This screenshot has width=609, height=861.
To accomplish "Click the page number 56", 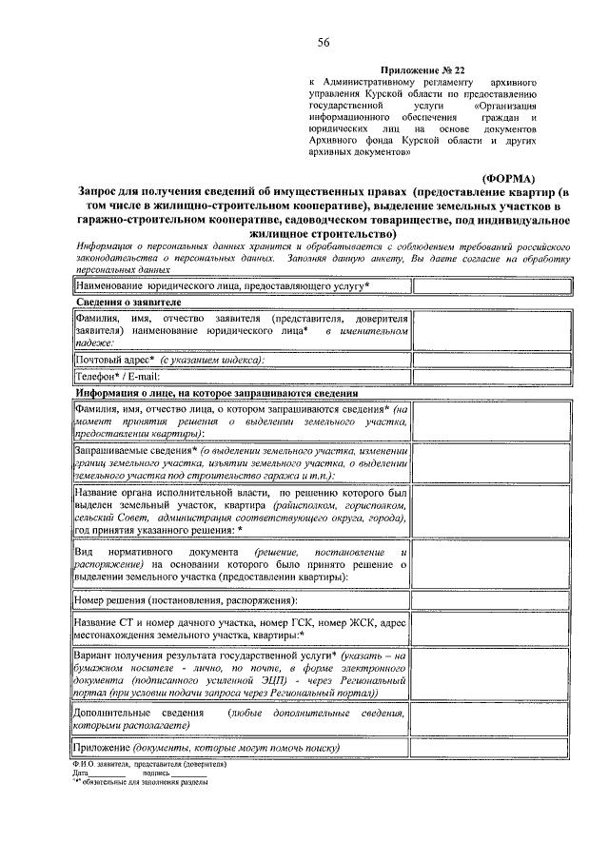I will point(324,42).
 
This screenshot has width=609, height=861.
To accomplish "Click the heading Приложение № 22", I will point(424,71).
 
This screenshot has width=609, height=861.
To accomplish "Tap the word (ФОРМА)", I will point(510,178).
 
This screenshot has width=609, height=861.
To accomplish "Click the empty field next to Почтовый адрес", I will point(493,360).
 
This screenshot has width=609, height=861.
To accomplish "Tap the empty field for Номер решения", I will point(493,600).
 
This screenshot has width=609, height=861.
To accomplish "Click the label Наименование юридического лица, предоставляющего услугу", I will point(222,285).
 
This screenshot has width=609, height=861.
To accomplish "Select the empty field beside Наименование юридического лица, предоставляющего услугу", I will point(493,285).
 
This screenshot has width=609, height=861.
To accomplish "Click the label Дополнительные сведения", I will point(124,713).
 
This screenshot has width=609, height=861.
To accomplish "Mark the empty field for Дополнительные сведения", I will point(493,718).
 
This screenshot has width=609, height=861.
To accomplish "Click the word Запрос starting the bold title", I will point(106,191).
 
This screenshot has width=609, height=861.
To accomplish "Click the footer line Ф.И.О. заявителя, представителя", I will point(147,764).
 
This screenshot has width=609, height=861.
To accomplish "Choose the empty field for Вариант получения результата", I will point(493,675).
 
